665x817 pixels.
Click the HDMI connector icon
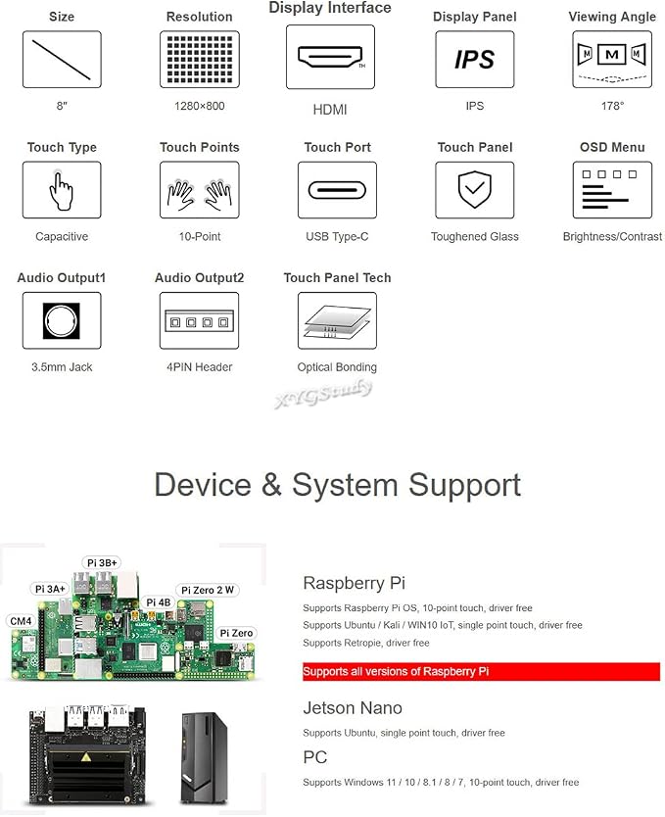(330, 57)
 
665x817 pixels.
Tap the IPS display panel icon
(474, 59)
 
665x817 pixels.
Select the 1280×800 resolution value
(200, 106)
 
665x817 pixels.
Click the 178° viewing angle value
(612, 106)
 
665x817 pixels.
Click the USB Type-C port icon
(337, 190)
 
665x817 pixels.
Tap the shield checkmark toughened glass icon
(474, 190)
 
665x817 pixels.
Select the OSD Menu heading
(612, 148)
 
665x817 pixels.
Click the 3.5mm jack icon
(62, 320)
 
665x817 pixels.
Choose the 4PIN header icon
(200, 320)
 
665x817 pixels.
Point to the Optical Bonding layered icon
(337, 320)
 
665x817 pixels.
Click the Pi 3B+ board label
(102, 562)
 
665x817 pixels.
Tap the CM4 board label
(21, 621)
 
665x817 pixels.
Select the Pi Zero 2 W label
(208, 590)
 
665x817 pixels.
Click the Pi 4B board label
(159, 602)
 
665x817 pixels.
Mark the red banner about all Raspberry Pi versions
(481, 672)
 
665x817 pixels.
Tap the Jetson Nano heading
(353, 708)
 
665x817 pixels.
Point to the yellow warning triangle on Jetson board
(86, 756)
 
